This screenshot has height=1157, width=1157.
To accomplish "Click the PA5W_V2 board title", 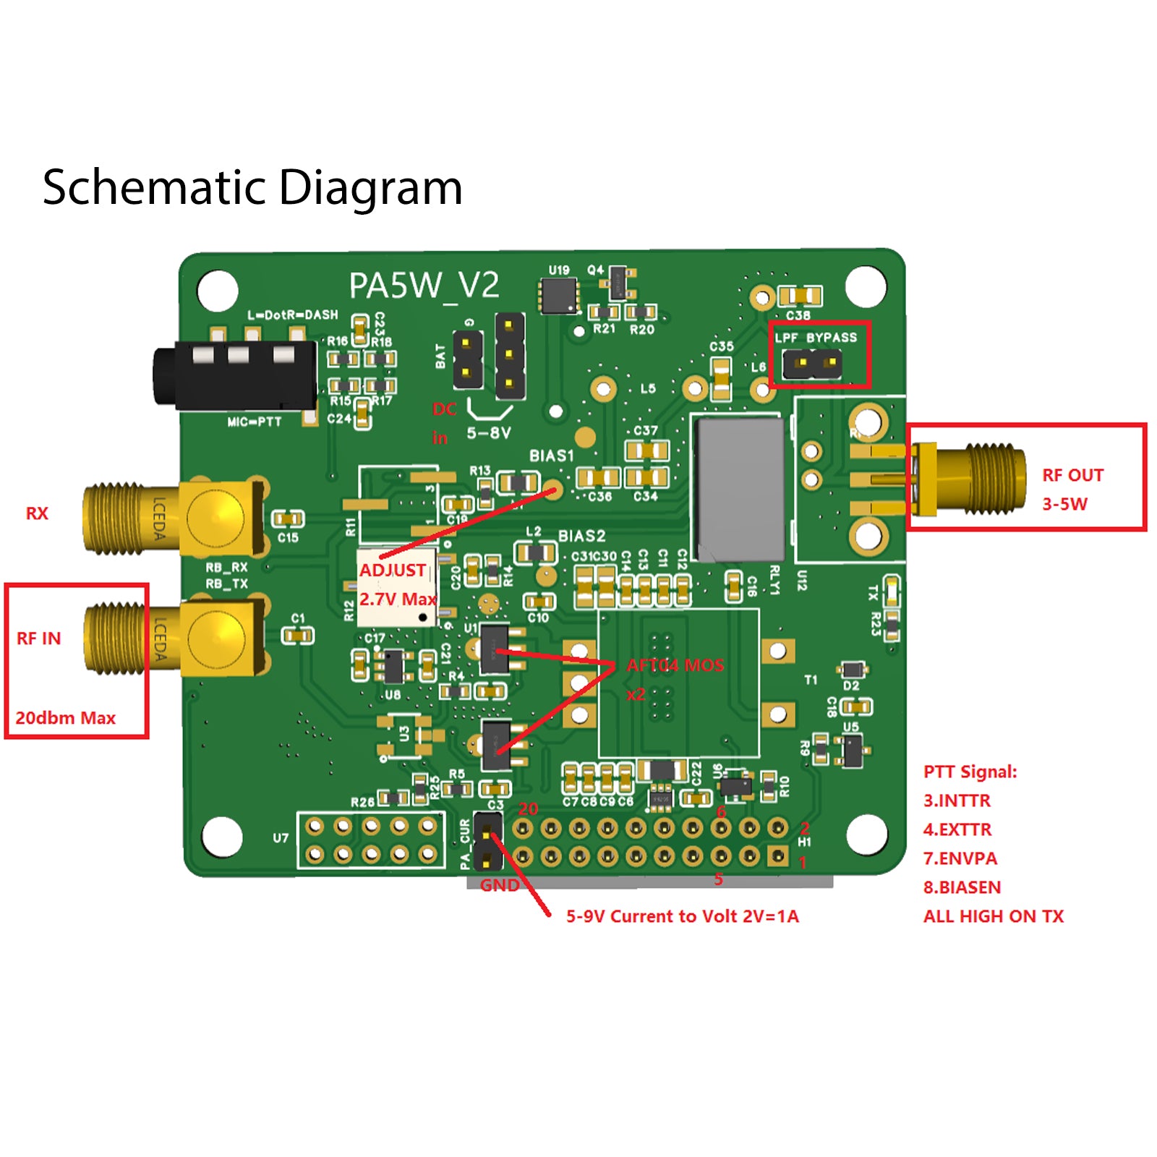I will coord(424,286).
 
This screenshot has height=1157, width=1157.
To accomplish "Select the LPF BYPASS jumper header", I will coord(814,364).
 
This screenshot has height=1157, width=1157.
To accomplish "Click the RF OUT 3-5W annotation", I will coord(1072,489).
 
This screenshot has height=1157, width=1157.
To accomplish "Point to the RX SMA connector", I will coord(174,518).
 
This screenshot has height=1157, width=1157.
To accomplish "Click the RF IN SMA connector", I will coord(174,638).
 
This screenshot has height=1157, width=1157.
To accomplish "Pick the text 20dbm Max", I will coord(65,718).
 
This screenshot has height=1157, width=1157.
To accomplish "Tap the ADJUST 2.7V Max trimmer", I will coord(396,586).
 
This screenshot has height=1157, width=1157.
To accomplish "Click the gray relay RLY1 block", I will coord(738,489).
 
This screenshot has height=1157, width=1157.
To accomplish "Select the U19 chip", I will coord(559,295).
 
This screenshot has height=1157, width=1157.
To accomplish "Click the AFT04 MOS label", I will coord(675,665).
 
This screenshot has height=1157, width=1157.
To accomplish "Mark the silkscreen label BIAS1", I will coord(551,456).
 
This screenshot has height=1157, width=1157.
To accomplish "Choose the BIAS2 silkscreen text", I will coord(581,536).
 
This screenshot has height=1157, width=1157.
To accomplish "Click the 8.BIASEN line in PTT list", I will coord(962,887).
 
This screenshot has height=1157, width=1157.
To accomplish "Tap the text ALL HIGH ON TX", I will coord(993,916).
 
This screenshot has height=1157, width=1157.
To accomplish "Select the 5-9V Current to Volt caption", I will coord(682,916).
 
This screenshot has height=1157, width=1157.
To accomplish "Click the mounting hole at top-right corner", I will coord(866,286).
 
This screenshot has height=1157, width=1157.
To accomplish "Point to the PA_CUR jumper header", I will coord(487,841).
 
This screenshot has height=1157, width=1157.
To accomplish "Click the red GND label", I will coord(499,885).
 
